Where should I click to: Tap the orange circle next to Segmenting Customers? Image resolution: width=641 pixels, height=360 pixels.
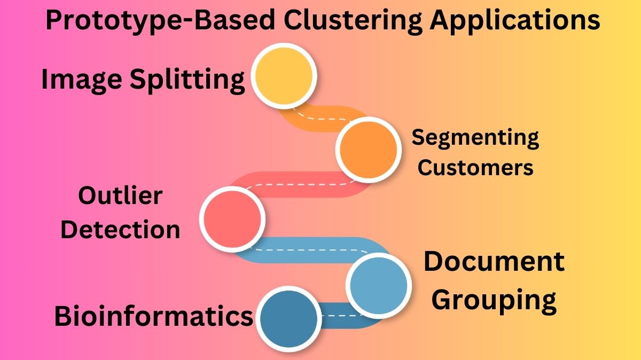coord(368,149)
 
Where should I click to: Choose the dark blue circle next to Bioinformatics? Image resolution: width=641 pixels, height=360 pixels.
coord(289,318)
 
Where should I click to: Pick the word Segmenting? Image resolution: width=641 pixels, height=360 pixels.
coord(475,138)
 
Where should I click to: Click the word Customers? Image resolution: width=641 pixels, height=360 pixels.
coord(475,167)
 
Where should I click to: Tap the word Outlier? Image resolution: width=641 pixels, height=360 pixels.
coord(120,196)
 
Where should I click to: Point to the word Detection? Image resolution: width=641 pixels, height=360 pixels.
coord(120,230)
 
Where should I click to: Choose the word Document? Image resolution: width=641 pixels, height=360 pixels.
coord(494,262)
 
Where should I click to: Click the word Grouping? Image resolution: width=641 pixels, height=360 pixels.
coord(494,300)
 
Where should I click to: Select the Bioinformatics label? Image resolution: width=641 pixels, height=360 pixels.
coord(153,316)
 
